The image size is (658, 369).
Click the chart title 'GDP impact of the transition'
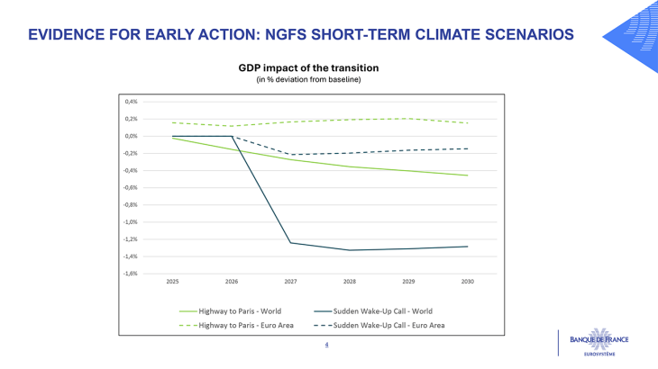(308, 67)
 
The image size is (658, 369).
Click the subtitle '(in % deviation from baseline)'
(308, 80)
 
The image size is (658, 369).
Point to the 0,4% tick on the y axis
(131, 102)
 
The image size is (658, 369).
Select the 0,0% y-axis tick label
(131, 136)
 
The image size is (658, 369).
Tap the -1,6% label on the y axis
(130, 274)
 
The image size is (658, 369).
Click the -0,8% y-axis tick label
(130, 204)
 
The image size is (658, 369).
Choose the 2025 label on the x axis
(172, 282)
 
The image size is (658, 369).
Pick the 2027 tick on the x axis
(291, 282)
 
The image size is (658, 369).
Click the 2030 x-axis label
(467, 282)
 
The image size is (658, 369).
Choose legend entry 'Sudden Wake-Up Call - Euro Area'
(397, 324)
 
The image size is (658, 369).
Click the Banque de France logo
(599, 343)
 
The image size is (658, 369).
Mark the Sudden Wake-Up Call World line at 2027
(291, 243)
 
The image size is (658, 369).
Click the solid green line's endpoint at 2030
(467, 175)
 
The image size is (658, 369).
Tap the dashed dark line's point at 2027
(291, 155)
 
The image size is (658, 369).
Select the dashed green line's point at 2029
(408, 118)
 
